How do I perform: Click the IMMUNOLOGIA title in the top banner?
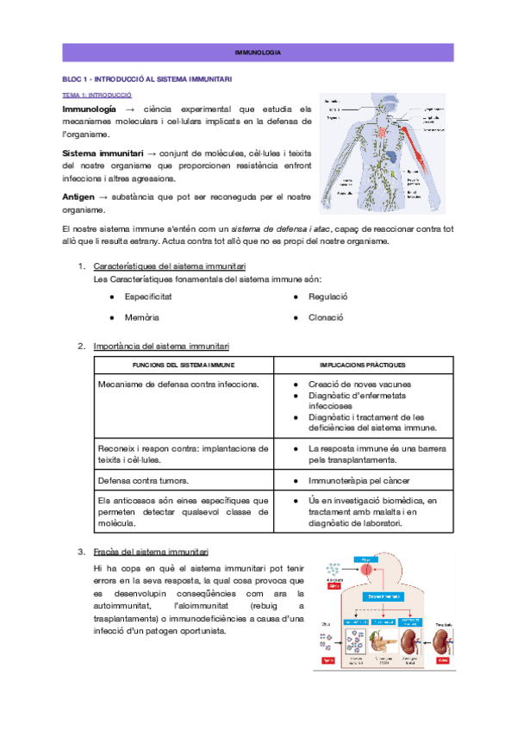click(258, 53)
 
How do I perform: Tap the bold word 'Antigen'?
click(78, 197)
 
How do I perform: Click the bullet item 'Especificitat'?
click(147, 296)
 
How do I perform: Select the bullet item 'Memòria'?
click(141, 317)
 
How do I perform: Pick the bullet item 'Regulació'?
click(328, 296)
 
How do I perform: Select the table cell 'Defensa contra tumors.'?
click(144, 480)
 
